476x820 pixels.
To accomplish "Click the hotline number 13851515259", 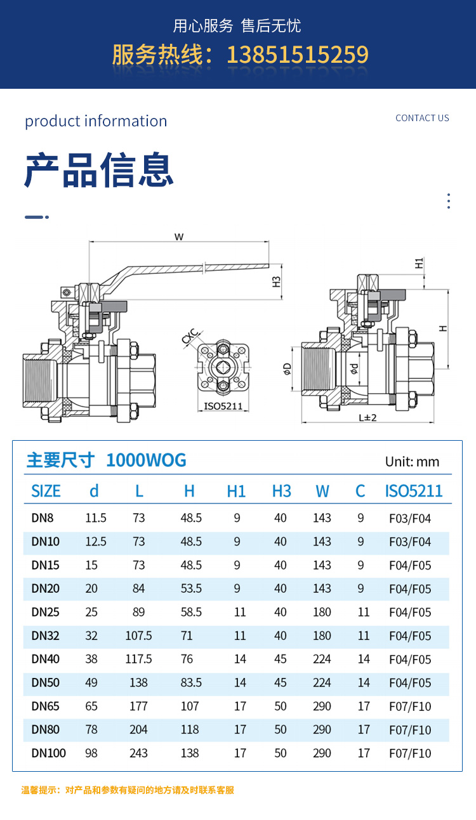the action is click(298, 55).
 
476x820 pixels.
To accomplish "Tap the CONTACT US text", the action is click(422, 118).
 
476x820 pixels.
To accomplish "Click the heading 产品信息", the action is click(99, 170).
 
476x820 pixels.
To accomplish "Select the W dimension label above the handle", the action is click(179, 237).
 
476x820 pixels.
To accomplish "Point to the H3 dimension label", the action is click(276, 282).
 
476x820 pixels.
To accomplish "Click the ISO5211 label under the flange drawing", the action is click(223, 407).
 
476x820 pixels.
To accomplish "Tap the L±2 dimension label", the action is click(367, 418).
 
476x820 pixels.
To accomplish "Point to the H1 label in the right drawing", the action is click(419, 263).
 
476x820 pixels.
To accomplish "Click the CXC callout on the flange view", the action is click(191, 336).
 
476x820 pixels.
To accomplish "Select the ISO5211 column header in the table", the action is click(414, 491).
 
